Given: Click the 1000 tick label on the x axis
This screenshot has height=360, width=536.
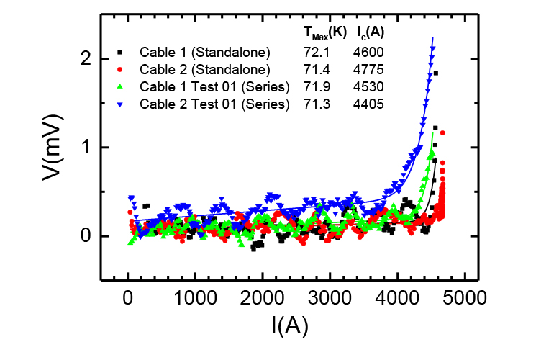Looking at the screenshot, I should (x=195, y=296).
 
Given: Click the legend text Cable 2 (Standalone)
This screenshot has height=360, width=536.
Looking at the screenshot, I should (x=204, y=69).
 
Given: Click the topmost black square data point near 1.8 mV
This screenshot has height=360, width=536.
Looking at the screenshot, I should (x=436, y=73).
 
